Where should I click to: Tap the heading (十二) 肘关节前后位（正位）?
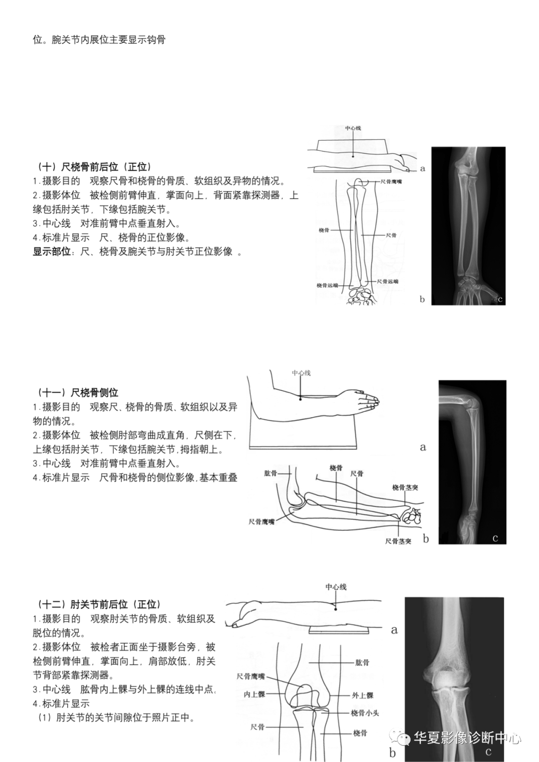(98, 604)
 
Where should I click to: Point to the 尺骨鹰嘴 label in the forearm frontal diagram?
(391, 182)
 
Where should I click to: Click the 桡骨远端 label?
(327, 285)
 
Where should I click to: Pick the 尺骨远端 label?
(387, 281)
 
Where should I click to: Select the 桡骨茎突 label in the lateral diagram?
(405, 488)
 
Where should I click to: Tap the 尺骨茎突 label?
(398, 541)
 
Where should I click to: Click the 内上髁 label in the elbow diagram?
(254, 694)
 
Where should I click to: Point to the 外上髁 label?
(362, 695)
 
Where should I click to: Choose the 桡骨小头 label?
(365, 713)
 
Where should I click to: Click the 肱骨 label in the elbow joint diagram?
(362, 663)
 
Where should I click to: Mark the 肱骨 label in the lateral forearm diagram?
(270, 473)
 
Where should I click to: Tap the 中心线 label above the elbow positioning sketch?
(336, 587)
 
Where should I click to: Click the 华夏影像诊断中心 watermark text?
(467, 737)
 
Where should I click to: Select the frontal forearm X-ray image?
(468, 226)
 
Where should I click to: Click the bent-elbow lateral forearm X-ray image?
(472, 462)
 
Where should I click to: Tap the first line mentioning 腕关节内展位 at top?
(99, 39)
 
